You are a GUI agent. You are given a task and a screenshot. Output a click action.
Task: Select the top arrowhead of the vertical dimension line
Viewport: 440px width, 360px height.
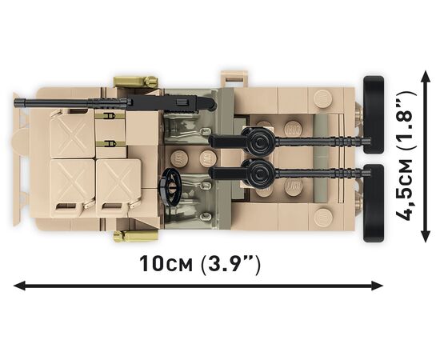[x=426, y=76]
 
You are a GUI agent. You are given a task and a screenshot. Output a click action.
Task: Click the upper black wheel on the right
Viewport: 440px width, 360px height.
[x=374, y=114]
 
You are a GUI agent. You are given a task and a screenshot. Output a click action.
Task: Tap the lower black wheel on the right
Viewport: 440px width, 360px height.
[x=374, y=203]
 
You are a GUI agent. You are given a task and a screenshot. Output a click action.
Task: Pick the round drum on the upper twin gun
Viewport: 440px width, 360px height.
[x=259, y=140]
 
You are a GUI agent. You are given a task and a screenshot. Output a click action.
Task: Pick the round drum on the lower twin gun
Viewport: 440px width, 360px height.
[x=259, y=173]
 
